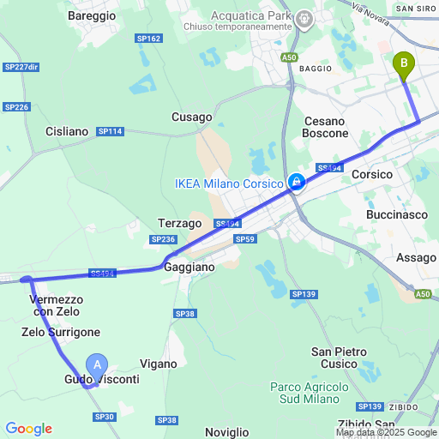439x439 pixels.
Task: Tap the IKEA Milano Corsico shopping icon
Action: [296, 182]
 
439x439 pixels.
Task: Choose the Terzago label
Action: [180, 223]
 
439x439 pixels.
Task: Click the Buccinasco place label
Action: [396, 214]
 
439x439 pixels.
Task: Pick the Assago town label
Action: [417, 257]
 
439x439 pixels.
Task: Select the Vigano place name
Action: [158, 364]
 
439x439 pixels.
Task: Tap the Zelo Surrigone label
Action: [61, 332]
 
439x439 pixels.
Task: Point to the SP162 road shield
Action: [148, 39]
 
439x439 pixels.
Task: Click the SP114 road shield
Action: [111, 131]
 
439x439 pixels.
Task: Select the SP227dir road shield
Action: [21, 67]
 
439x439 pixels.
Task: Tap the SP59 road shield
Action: [244, 239]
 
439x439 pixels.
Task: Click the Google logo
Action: [28, 429]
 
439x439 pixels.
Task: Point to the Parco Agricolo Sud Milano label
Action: [310, 394]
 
